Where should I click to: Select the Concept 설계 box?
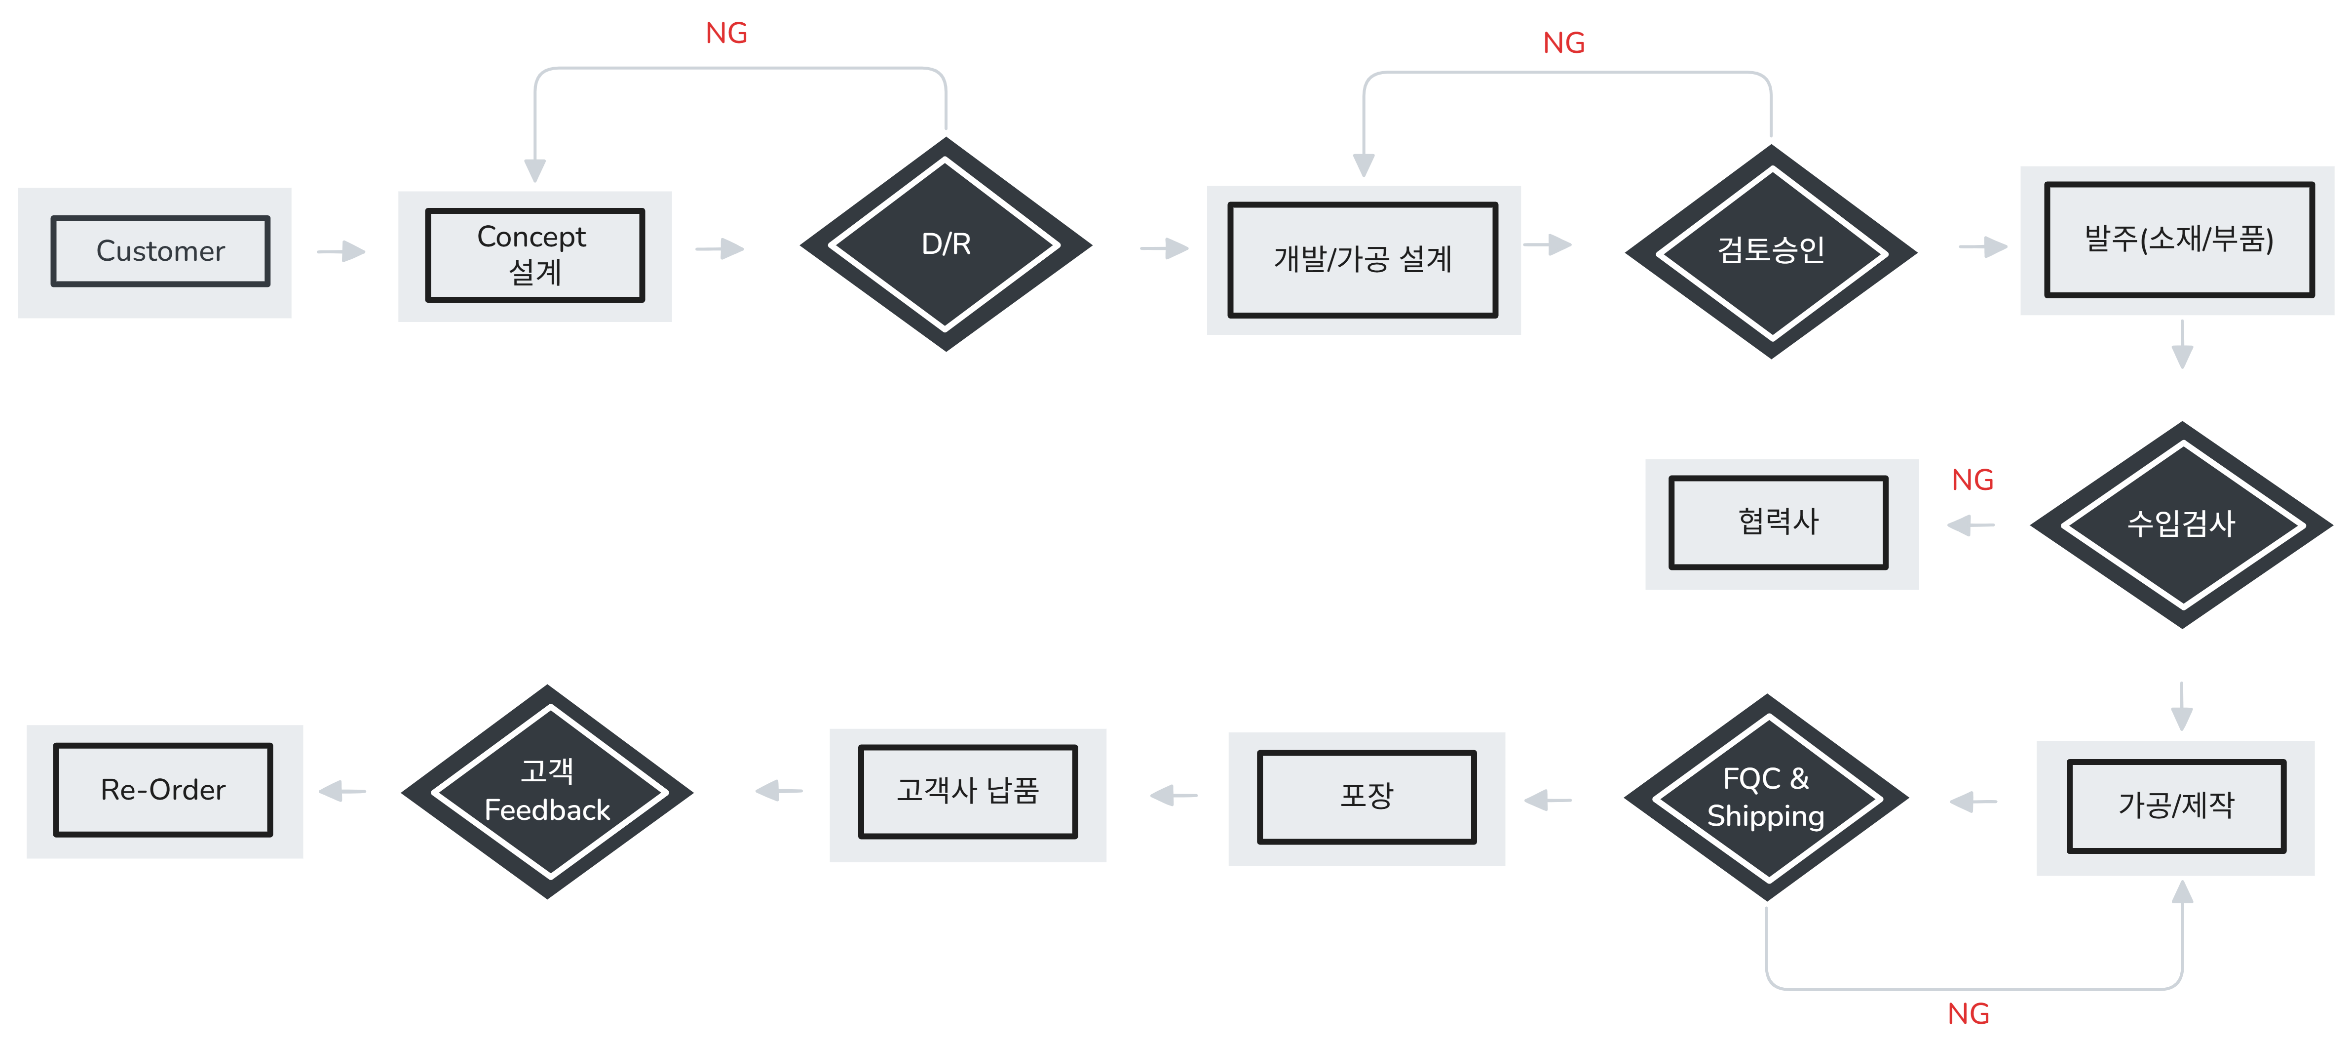[x=535, y=256]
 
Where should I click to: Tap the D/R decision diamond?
[x=946, y=244]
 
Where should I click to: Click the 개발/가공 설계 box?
[x=1363, y=260]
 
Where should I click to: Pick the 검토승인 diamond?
[x=1771, y=250]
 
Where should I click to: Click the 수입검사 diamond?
[x=2181, y=523]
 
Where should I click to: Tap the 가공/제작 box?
[x=2176, y=806]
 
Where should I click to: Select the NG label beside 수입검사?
[x=1972, y=481]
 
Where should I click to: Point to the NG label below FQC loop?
[x=1968, y=1014]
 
